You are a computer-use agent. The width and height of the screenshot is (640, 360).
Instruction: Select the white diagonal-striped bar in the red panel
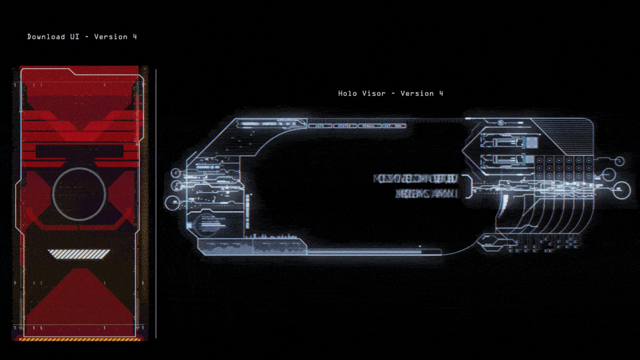click(x=79, y=254)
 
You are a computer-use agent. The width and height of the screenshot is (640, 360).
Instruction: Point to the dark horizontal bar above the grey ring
click(x=79, y=151)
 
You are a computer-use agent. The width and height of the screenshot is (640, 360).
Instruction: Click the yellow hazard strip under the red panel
click(x=80, y=338)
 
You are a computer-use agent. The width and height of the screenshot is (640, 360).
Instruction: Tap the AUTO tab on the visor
click(x=320, y=126)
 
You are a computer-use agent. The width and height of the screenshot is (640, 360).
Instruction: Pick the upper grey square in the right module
click(x=532, y=142)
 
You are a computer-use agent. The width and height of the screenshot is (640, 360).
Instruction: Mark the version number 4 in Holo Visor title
click(x=441, y=93)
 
